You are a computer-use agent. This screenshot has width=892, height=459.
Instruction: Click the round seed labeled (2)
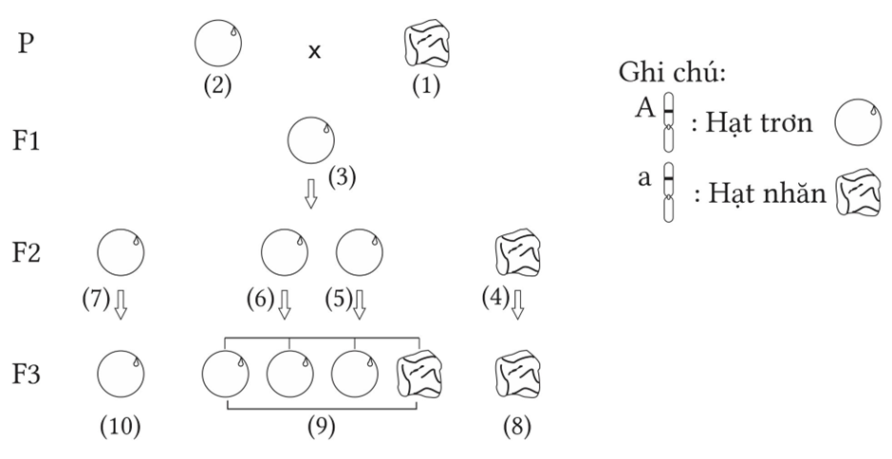pos(217,45)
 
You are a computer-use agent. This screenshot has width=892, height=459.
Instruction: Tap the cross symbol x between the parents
pos(314,50)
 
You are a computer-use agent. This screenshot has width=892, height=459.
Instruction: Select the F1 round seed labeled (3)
pos(310,140)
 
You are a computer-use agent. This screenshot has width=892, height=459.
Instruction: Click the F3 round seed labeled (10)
pos(121,373)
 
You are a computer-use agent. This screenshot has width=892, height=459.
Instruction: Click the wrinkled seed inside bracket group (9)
pos(418,374)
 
